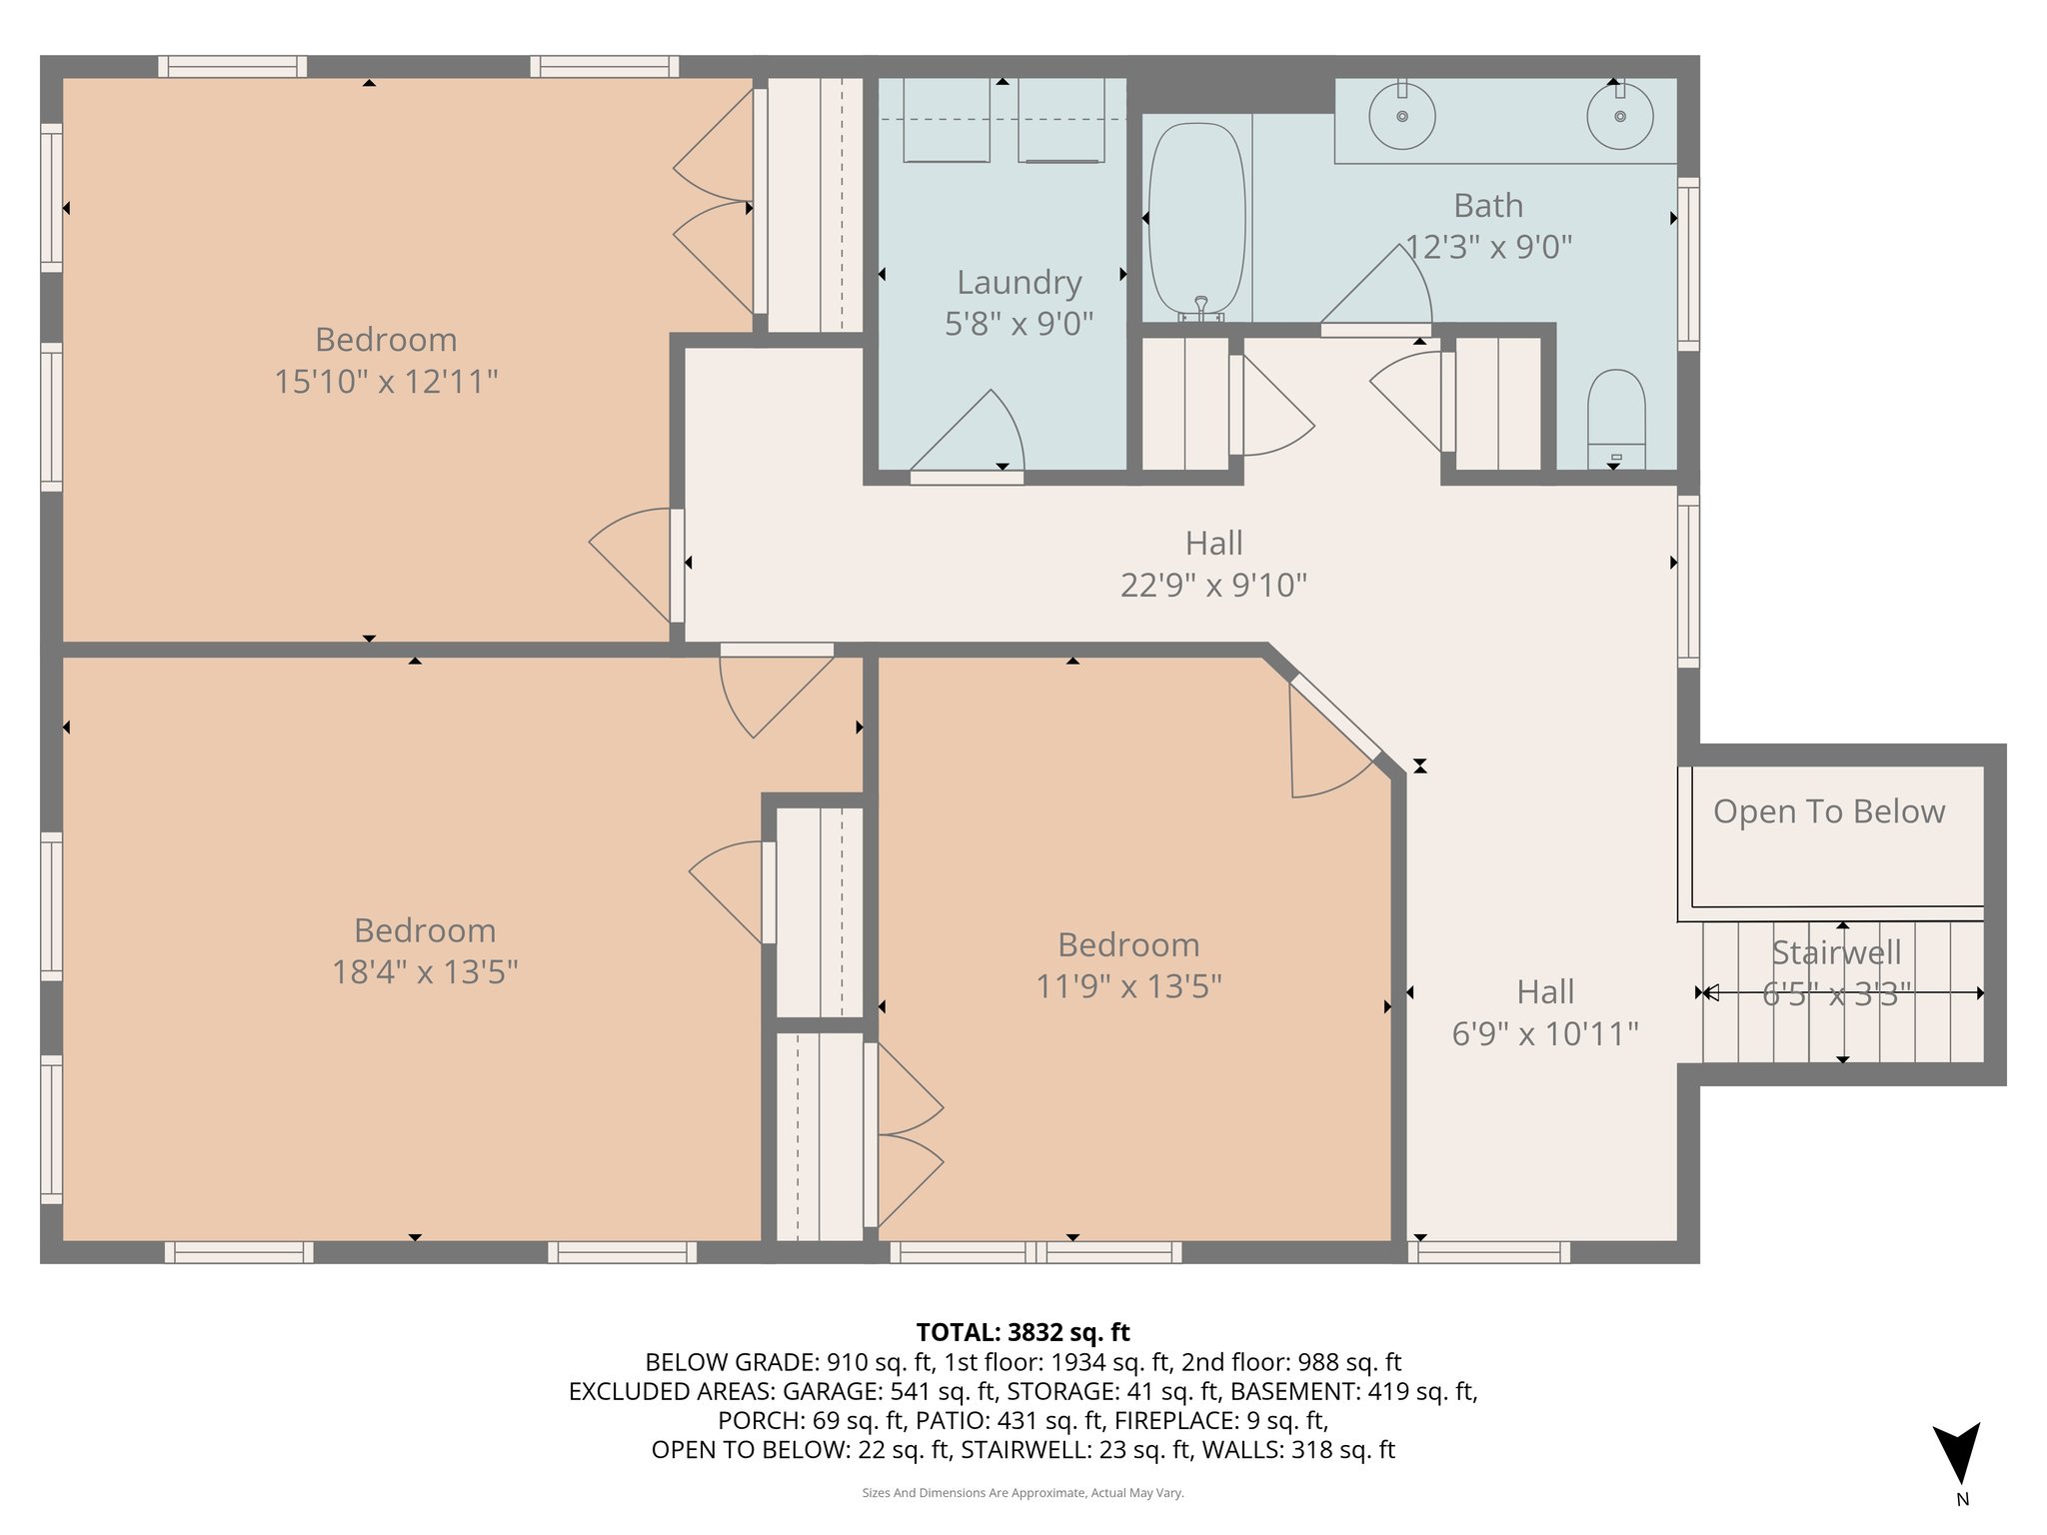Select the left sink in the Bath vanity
click(x=1402, y=116)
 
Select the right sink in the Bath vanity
click(x=1619, y=116)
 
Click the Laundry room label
click(x=1019, y=283)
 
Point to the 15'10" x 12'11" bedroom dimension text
click(x=386, y=381)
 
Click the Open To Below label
click(x=1828, y=811)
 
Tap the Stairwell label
click(x=1836, y=952)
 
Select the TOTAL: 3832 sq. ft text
click(x=1023, y=1332)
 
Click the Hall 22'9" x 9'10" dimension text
click(x=1213, y=585)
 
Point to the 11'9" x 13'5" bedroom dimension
click(x=1128, y=986)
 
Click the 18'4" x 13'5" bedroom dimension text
click(x=425, y=971)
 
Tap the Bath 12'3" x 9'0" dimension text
click(x=1488, y=247)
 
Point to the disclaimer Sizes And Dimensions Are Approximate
click(x=1023, y=1493)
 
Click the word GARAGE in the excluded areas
click(x=826, y=1391)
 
